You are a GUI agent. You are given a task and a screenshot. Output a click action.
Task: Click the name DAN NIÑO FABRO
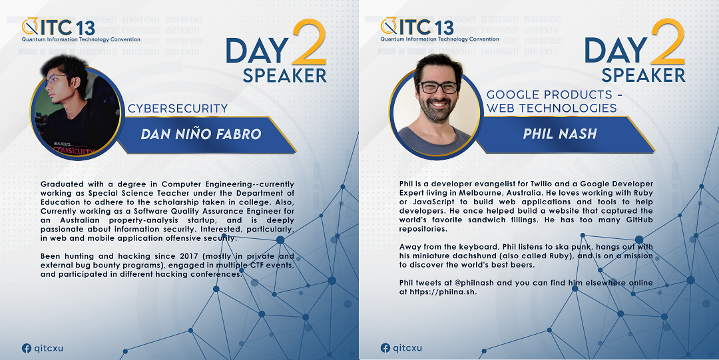[x=201, y=134]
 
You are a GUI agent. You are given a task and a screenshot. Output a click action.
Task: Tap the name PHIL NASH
[x=560, y=134]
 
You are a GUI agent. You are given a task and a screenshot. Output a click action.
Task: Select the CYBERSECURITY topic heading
[x=178, y=108]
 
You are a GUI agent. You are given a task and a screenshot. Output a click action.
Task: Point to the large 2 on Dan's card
[x=309, y=42]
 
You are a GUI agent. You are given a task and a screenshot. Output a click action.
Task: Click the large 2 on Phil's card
[x=668, y=42]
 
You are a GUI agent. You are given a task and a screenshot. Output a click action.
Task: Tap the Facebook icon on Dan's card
[x=27, y=348]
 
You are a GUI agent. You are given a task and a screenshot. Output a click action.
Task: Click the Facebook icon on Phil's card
[x=385, y=348]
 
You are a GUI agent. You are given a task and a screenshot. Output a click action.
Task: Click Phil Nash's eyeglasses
[x=438, y=87]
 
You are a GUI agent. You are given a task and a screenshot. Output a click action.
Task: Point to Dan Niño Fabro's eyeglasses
[x=54, y=80]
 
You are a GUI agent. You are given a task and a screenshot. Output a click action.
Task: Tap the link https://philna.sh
[x=443, y=291]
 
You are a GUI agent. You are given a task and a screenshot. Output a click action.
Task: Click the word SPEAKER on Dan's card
[x=284, y=75]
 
